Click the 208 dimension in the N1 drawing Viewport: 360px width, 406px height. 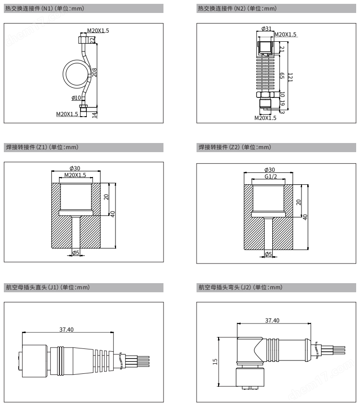pyautogui.click(x=94, y=72)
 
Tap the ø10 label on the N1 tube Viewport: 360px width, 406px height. pyautogui.click(x=76, y=98)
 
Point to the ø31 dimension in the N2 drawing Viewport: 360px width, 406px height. pyautogui.click(x=267, y=28)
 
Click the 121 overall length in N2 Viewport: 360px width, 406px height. pyautogui.click(x=290, y=77)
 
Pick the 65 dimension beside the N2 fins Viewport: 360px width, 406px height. pyautogui.click(x=282, y=76)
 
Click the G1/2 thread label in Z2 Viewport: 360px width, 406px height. pyautogui.click(x=271, y=177)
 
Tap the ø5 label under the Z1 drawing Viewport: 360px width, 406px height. pyautogui.click(x=76, y=253)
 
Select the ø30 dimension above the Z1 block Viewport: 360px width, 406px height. pyautogui.click(x=75, y=168)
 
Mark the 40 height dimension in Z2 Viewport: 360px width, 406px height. pyautogui.click(x=305, y=217)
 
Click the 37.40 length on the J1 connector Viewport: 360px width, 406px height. pyautogui.click(x=67, y=329)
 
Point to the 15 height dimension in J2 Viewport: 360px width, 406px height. pyautogui.click(x=215, y=362)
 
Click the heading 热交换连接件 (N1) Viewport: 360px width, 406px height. pyautogui.click(x=45, y=9)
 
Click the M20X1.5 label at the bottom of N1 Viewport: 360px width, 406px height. pyautogui.click(x=67, y=114)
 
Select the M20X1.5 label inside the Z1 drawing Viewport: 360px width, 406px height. pyautogui.click(x=75, y=175)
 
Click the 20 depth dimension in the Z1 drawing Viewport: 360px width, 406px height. pyautogui.click(x=106, y=197)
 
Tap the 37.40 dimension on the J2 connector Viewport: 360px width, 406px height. pyautogui.click(x=272, y=320)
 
